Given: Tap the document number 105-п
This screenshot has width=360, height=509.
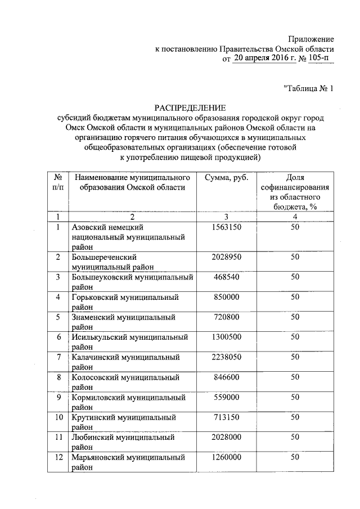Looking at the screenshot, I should click(321, 58).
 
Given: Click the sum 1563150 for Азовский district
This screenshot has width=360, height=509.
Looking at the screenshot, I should click(227, 227).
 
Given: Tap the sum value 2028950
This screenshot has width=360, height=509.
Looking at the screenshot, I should click(227, 257).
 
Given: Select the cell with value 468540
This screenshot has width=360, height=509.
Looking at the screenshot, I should click(227, 277).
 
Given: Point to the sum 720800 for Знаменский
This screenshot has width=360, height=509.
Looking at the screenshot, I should click(227, 317).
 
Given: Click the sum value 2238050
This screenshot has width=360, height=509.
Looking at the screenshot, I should click(227, 357).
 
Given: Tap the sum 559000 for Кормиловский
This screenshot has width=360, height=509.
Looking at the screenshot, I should click(227, 398).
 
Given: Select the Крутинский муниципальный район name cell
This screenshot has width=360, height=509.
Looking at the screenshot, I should click(124, 423).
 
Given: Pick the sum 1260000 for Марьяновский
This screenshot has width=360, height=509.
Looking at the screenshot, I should click(227, 458).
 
